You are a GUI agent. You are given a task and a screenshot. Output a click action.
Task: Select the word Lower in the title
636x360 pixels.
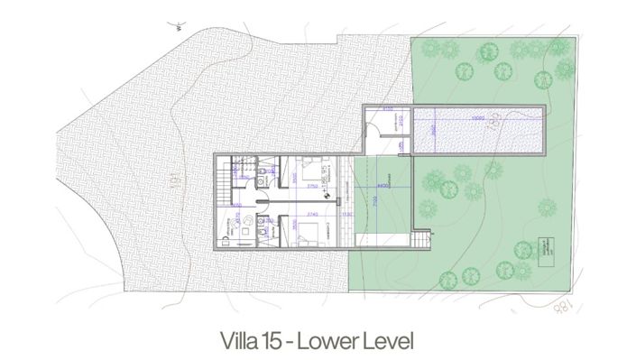[x=328, y=342]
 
